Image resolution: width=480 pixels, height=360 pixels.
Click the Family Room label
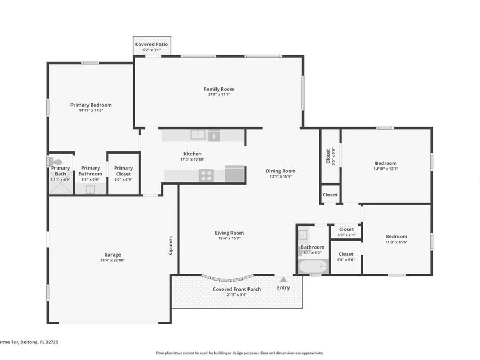219,89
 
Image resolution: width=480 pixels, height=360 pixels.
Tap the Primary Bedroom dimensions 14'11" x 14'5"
91,111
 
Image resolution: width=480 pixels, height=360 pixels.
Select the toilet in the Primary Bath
52,161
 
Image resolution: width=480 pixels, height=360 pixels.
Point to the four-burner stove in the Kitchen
206,175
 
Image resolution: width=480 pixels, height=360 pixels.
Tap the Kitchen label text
193,154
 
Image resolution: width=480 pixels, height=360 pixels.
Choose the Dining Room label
281,171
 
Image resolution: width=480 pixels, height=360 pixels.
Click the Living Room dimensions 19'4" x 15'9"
229,238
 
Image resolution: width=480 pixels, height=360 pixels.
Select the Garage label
112,254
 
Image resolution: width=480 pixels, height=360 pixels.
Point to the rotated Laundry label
171,246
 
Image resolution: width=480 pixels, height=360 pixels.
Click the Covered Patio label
151,44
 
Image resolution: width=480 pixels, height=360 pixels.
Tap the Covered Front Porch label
237,289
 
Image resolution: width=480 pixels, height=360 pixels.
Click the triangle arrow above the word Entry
283,279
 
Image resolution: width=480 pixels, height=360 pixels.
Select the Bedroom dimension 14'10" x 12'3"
386,169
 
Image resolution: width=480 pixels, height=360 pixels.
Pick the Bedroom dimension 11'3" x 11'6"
396,242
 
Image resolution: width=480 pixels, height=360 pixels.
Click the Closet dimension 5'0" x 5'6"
346,260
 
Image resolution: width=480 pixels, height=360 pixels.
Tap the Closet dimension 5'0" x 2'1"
346,235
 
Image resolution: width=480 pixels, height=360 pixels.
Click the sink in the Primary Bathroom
90,189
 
